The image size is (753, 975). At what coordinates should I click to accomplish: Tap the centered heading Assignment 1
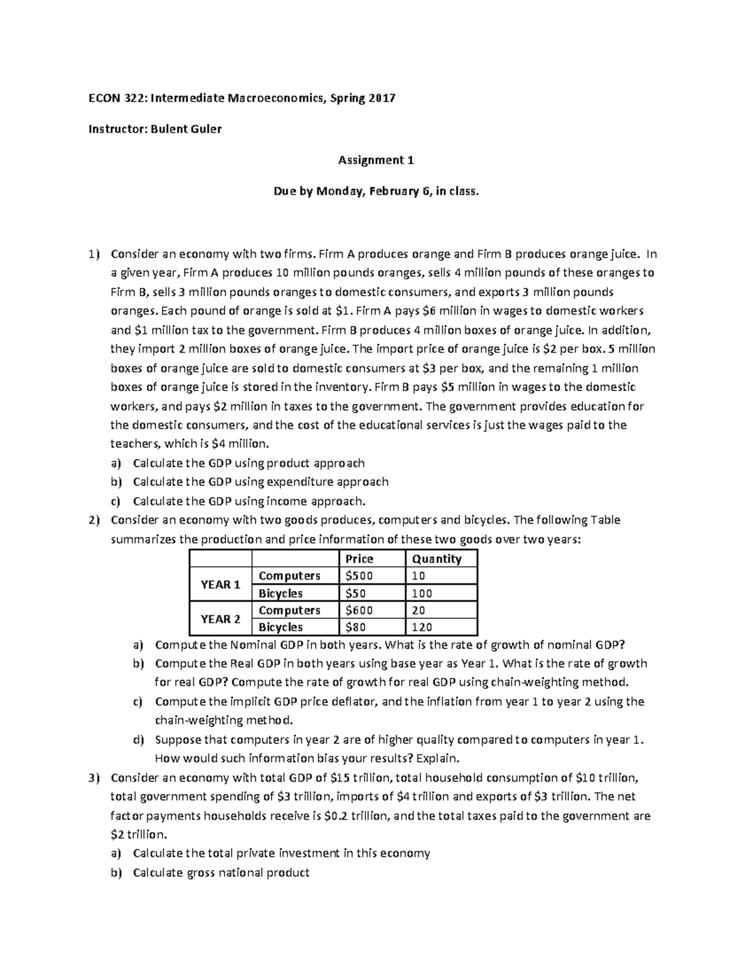(x=376, y=160)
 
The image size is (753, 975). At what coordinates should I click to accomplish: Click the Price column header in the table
(x=359, y=559)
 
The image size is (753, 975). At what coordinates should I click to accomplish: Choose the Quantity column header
(x=437, y=559)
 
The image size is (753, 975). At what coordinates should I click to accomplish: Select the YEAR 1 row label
(x=220, y=584)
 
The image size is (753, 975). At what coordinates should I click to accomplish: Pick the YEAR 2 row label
(x=220, y=619)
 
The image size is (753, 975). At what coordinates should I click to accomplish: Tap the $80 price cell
(x=356, y=627)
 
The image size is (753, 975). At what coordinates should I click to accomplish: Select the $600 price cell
(x=359, y=610)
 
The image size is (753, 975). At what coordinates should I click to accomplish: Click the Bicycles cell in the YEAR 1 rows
(x=280, y=593)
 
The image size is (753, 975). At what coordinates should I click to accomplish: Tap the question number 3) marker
(x=94, y=778)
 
